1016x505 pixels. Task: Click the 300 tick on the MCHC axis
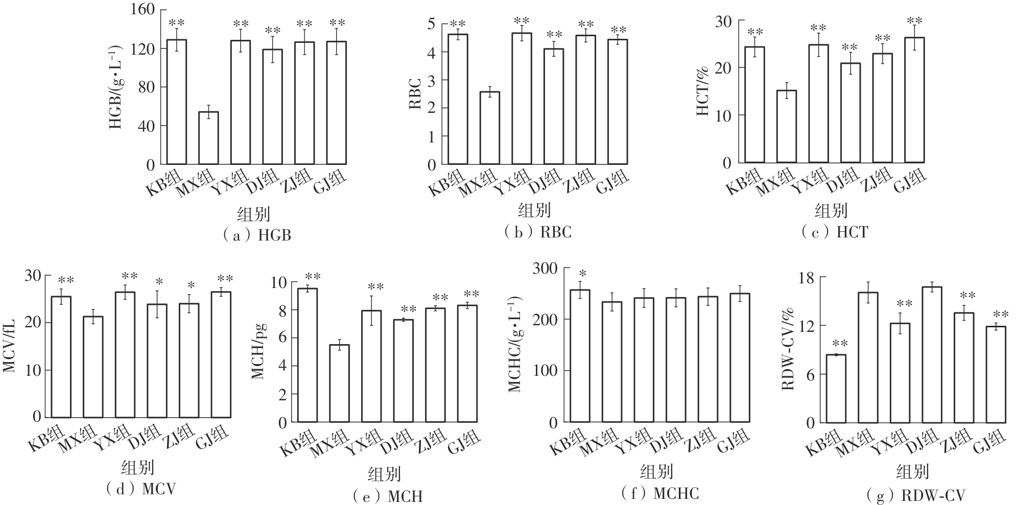(546, 268)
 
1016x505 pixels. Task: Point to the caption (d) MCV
(141, 489)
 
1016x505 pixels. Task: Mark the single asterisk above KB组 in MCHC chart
(582, 274)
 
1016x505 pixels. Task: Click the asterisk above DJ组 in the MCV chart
(159, 281)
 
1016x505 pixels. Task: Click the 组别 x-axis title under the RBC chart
(534, 210)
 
